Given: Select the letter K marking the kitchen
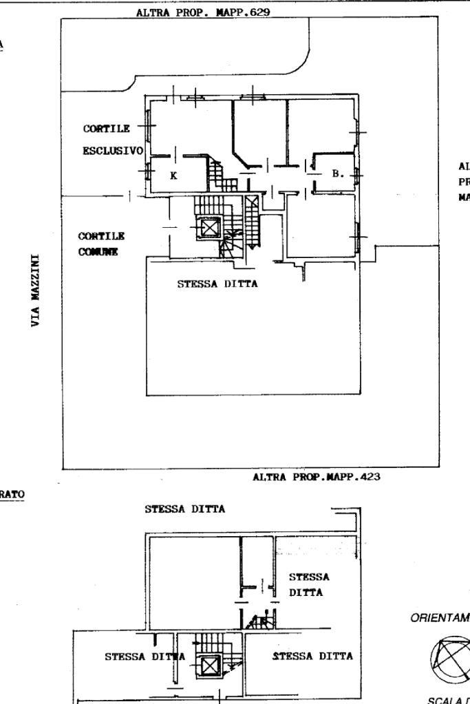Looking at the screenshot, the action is point(173,175).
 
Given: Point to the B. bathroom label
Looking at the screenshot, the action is point(337,173).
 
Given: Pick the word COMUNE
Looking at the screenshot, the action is point(98,252).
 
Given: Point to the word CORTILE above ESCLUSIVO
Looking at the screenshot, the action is point(107,128).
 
